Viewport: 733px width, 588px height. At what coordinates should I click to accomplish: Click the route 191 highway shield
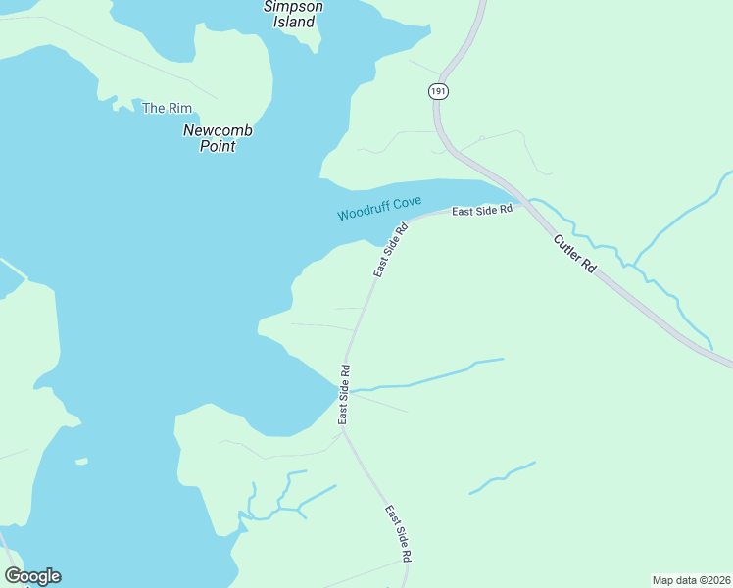tap(438, 91)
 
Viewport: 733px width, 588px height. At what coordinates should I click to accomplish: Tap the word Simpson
tap(293, 6)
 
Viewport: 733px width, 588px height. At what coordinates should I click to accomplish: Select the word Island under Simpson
tap(293, 22)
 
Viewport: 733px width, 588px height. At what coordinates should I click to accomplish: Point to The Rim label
tap(167, 108)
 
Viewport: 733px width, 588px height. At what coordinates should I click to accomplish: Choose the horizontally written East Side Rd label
tap(482, 210)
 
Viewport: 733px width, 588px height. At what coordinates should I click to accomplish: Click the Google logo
tap(32, 576)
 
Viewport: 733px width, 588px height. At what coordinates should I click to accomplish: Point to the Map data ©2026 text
tap(690, 579)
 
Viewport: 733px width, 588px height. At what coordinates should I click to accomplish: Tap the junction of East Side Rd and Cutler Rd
tap(521, 201)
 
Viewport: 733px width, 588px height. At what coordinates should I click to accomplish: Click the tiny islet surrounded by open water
tap(81, 461)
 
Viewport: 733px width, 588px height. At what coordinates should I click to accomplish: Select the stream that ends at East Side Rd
tap(431, 376)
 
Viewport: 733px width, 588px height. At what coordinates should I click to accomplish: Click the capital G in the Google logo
tap(13, 576)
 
